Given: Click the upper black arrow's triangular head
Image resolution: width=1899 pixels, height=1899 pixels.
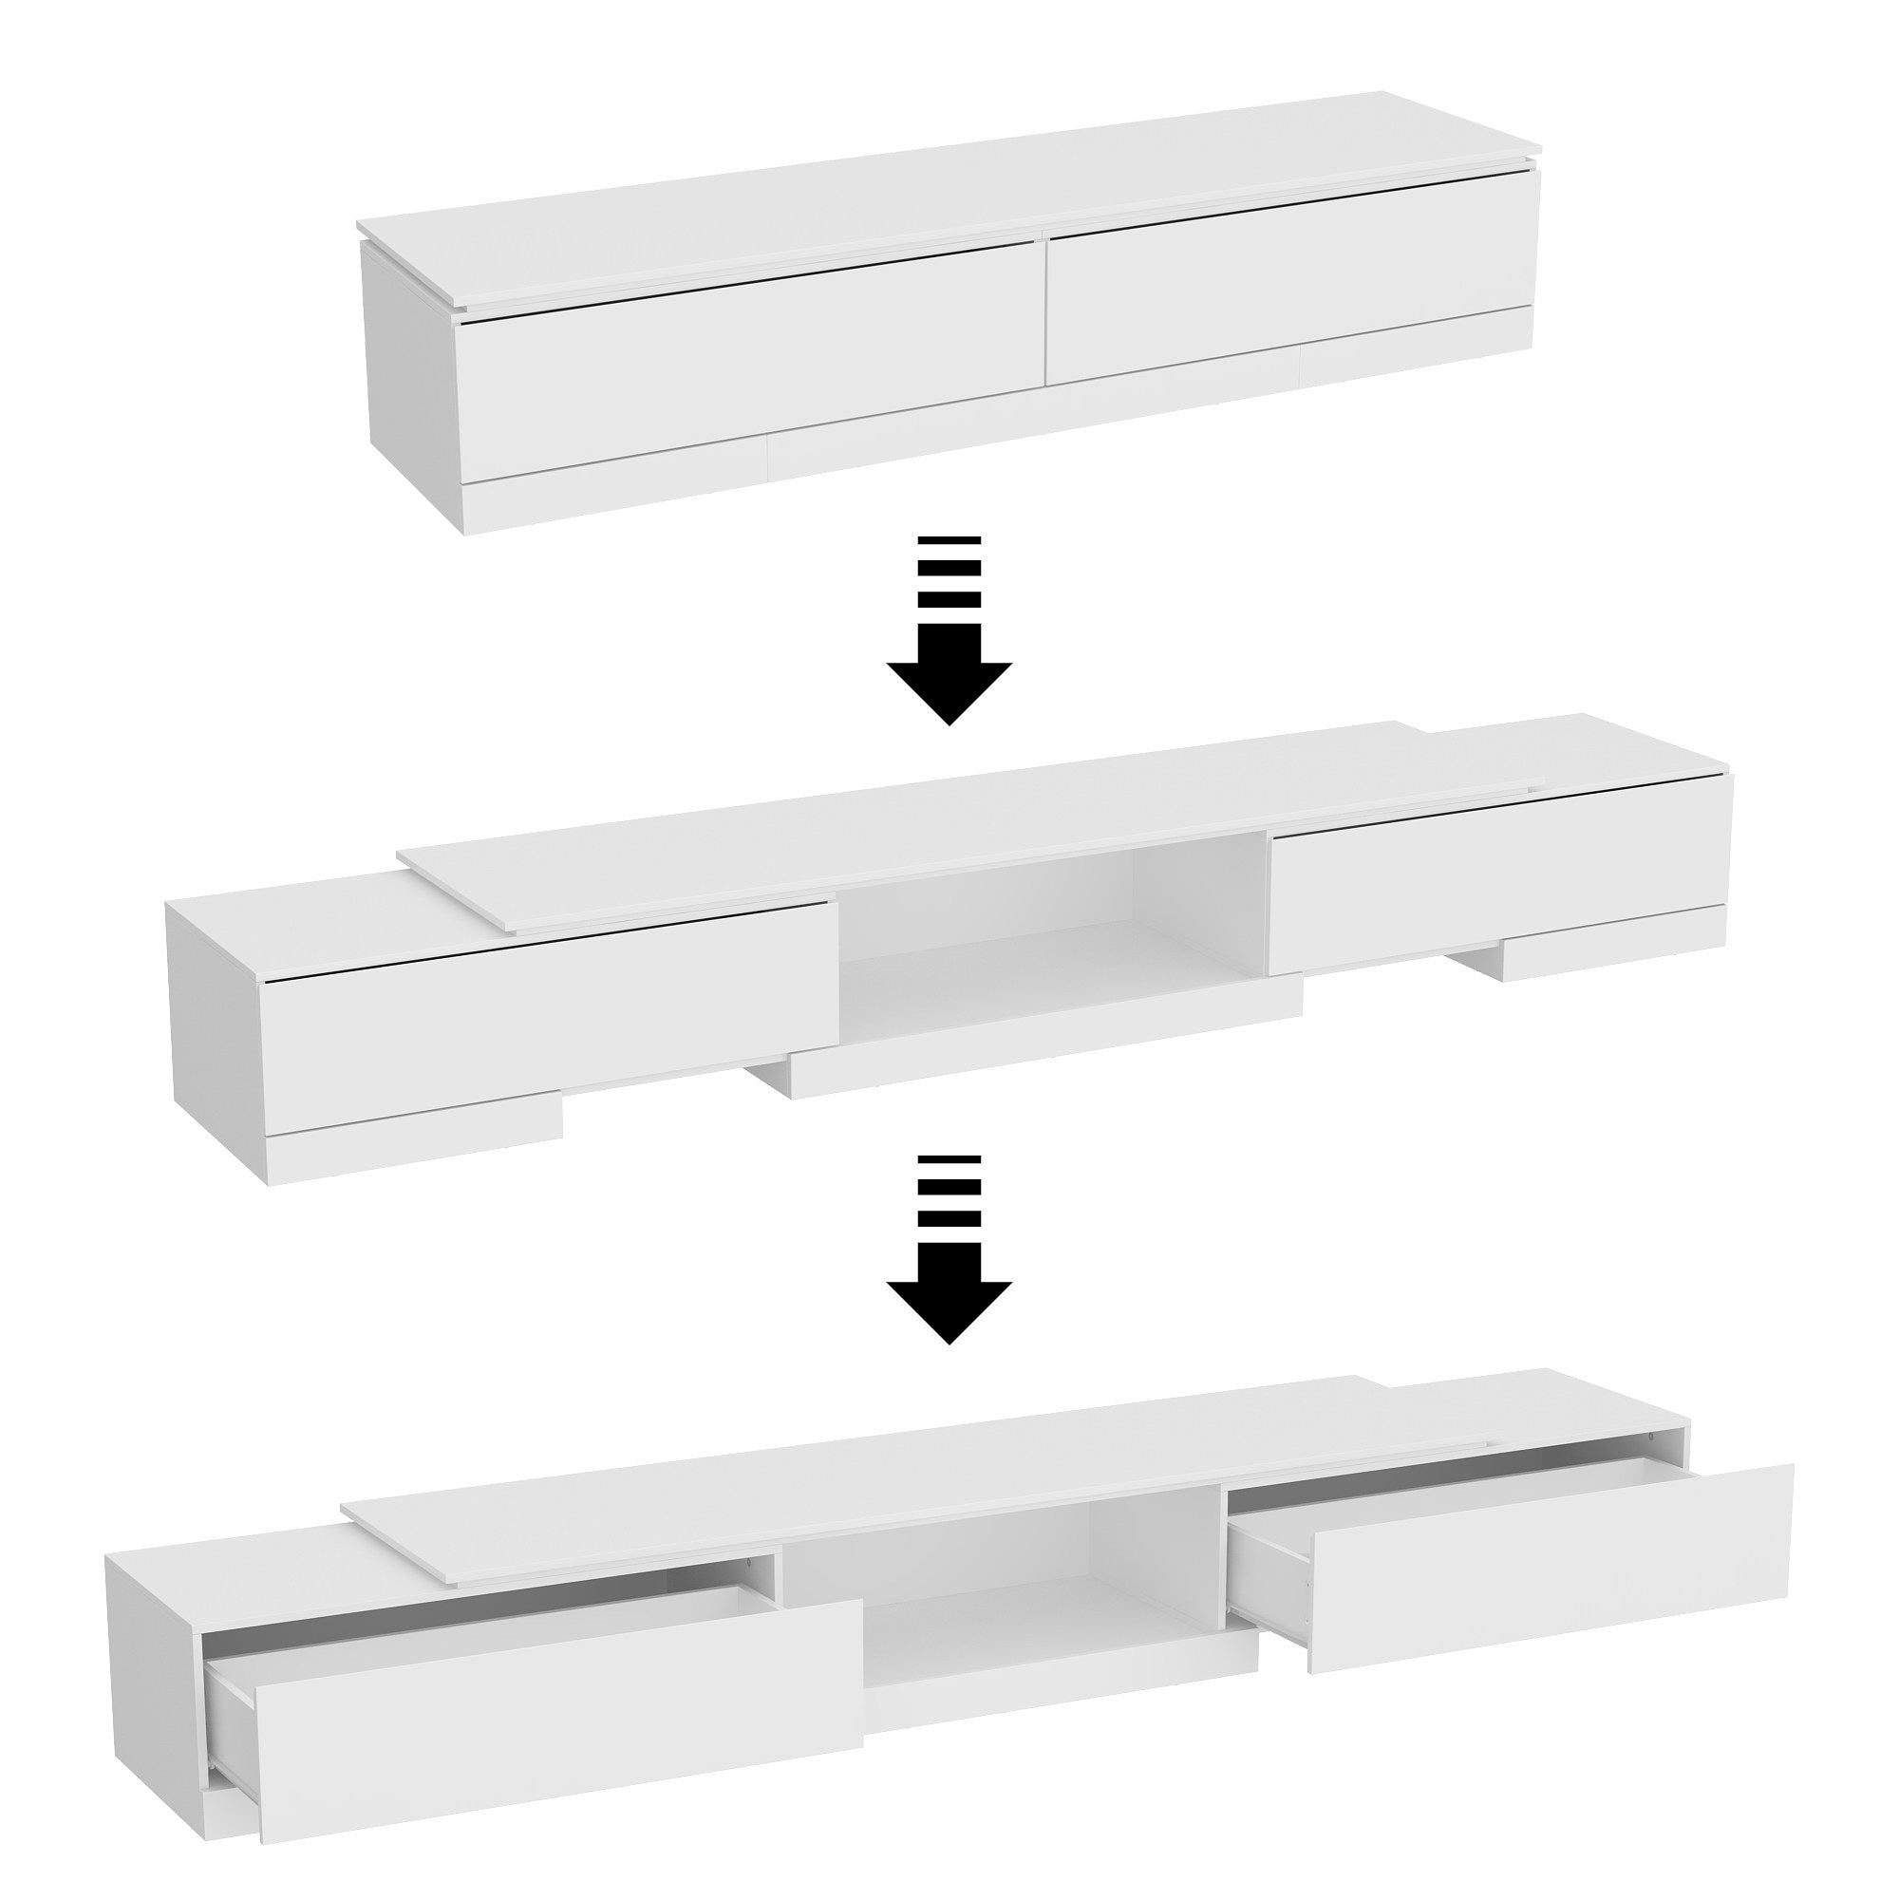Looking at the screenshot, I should point(949,689).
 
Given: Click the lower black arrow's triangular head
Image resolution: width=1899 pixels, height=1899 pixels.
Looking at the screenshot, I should point(949,1307).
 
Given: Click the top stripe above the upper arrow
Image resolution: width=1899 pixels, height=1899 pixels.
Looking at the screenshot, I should point(949,541).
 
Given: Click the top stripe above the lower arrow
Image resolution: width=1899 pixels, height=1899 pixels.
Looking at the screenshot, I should point(949,1161).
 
